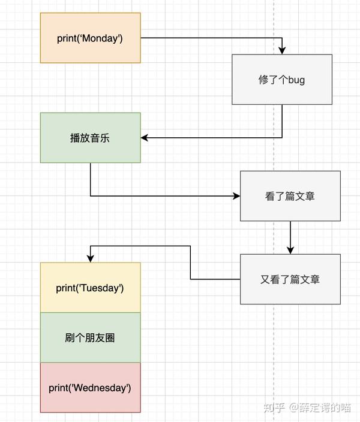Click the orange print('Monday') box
pos(90,38)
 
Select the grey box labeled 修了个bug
pos(282,79)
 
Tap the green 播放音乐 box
pos(90,137)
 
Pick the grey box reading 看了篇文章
pos(290,195)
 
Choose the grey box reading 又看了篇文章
pos(290,279)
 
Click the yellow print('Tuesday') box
pos(90,288)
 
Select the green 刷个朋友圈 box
pos(90,337)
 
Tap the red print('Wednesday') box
pos(90,387)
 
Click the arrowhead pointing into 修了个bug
pos(282,50)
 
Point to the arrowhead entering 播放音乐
pos(145,137)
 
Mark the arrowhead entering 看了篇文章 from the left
pos(236,195)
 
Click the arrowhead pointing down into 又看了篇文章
pos(290,250)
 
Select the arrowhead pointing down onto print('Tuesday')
pos(90,258)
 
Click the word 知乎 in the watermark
pos(274,408)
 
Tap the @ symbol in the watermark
pos(295,408)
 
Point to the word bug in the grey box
pos(296,80)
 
